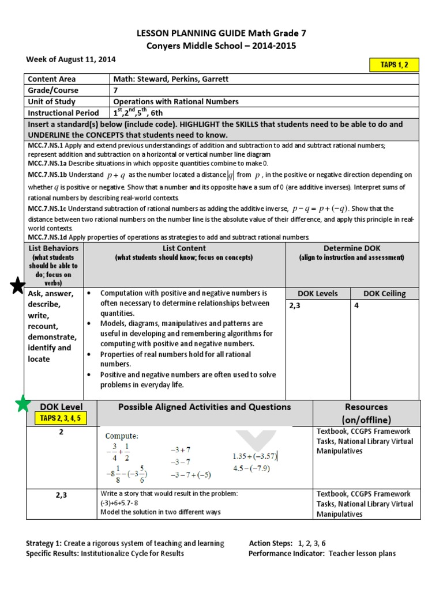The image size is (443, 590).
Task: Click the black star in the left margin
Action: tap(18, 285)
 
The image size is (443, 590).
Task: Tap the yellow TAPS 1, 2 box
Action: tap(395, 65)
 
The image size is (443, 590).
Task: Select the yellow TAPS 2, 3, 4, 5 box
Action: tap(61, 418)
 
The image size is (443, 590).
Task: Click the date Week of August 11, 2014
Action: tap(71, 59)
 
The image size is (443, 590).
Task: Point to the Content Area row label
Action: tap(52, 79)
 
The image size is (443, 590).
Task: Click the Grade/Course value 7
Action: tap(116, 90)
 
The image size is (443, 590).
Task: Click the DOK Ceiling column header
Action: tap(384, 293)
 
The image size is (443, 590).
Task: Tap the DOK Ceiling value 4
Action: tap(356, 306)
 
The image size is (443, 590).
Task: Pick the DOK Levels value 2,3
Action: tap(295, 306)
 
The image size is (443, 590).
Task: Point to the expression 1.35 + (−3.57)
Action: tap(255, 456)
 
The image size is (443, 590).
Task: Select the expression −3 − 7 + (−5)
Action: tap(191, 475)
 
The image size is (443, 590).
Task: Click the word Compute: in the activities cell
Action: tap(121, 436)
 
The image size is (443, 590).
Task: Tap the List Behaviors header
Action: tap(53, 248)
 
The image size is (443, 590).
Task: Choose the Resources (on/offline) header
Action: tap(366, 413)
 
